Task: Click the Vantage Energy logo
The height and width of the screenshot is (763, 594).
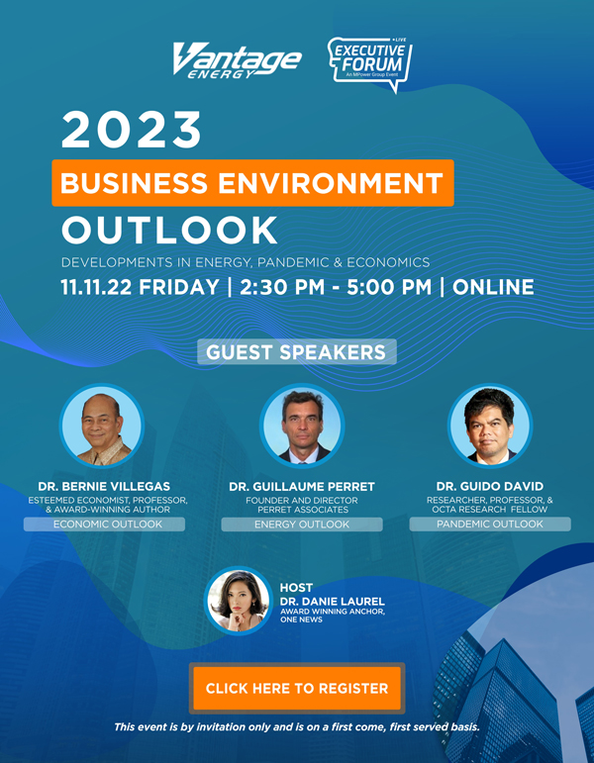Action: click(238, 60)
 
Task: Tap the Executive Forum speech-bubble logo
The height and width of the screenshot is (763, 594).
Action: click(370, 64)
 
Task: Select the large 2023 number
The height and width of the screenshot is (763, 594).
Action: click(131, 131)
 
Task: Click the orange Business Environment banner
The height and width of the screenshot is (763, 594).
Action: click(252, 183)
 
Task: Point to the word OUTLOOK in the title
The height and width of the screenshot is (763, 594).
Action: click(169, 231)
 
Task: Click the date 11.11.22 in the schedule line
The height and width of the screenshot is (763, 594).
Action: click(96, 287)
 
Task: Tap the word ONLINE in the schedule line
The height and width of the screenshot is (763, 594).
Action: click(493, 287)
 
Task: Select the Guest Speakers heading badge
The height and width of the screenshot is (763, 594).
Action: click(297, 352)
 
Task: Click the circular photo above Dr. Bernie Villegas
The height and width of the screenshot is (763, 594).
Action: click(102, 426)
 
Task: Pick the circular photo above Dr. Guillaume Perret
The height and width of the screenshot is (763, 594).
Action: click(302, 426)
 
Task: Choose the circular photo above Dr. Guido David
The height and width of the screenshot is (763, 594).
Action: click(490, 426)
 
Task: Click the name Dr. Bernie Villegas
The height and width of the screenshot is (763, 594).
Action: click(104, 486)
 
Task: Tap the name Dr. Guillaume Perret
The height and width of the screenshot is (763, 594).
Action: click(302, 486)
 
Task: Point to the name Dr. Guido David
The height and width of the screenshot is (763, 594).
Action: click(490, 486)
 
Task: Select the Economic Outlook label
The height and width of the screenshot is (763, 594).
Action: click(104, 525)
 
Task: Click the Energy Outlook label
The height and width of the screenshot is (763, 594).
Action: click(302, 525)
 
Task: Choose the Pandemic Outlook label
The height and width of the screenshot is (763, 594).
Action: click(490, 525)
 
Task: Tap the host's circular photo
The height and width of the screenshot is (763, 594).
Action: click(238, 601)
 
